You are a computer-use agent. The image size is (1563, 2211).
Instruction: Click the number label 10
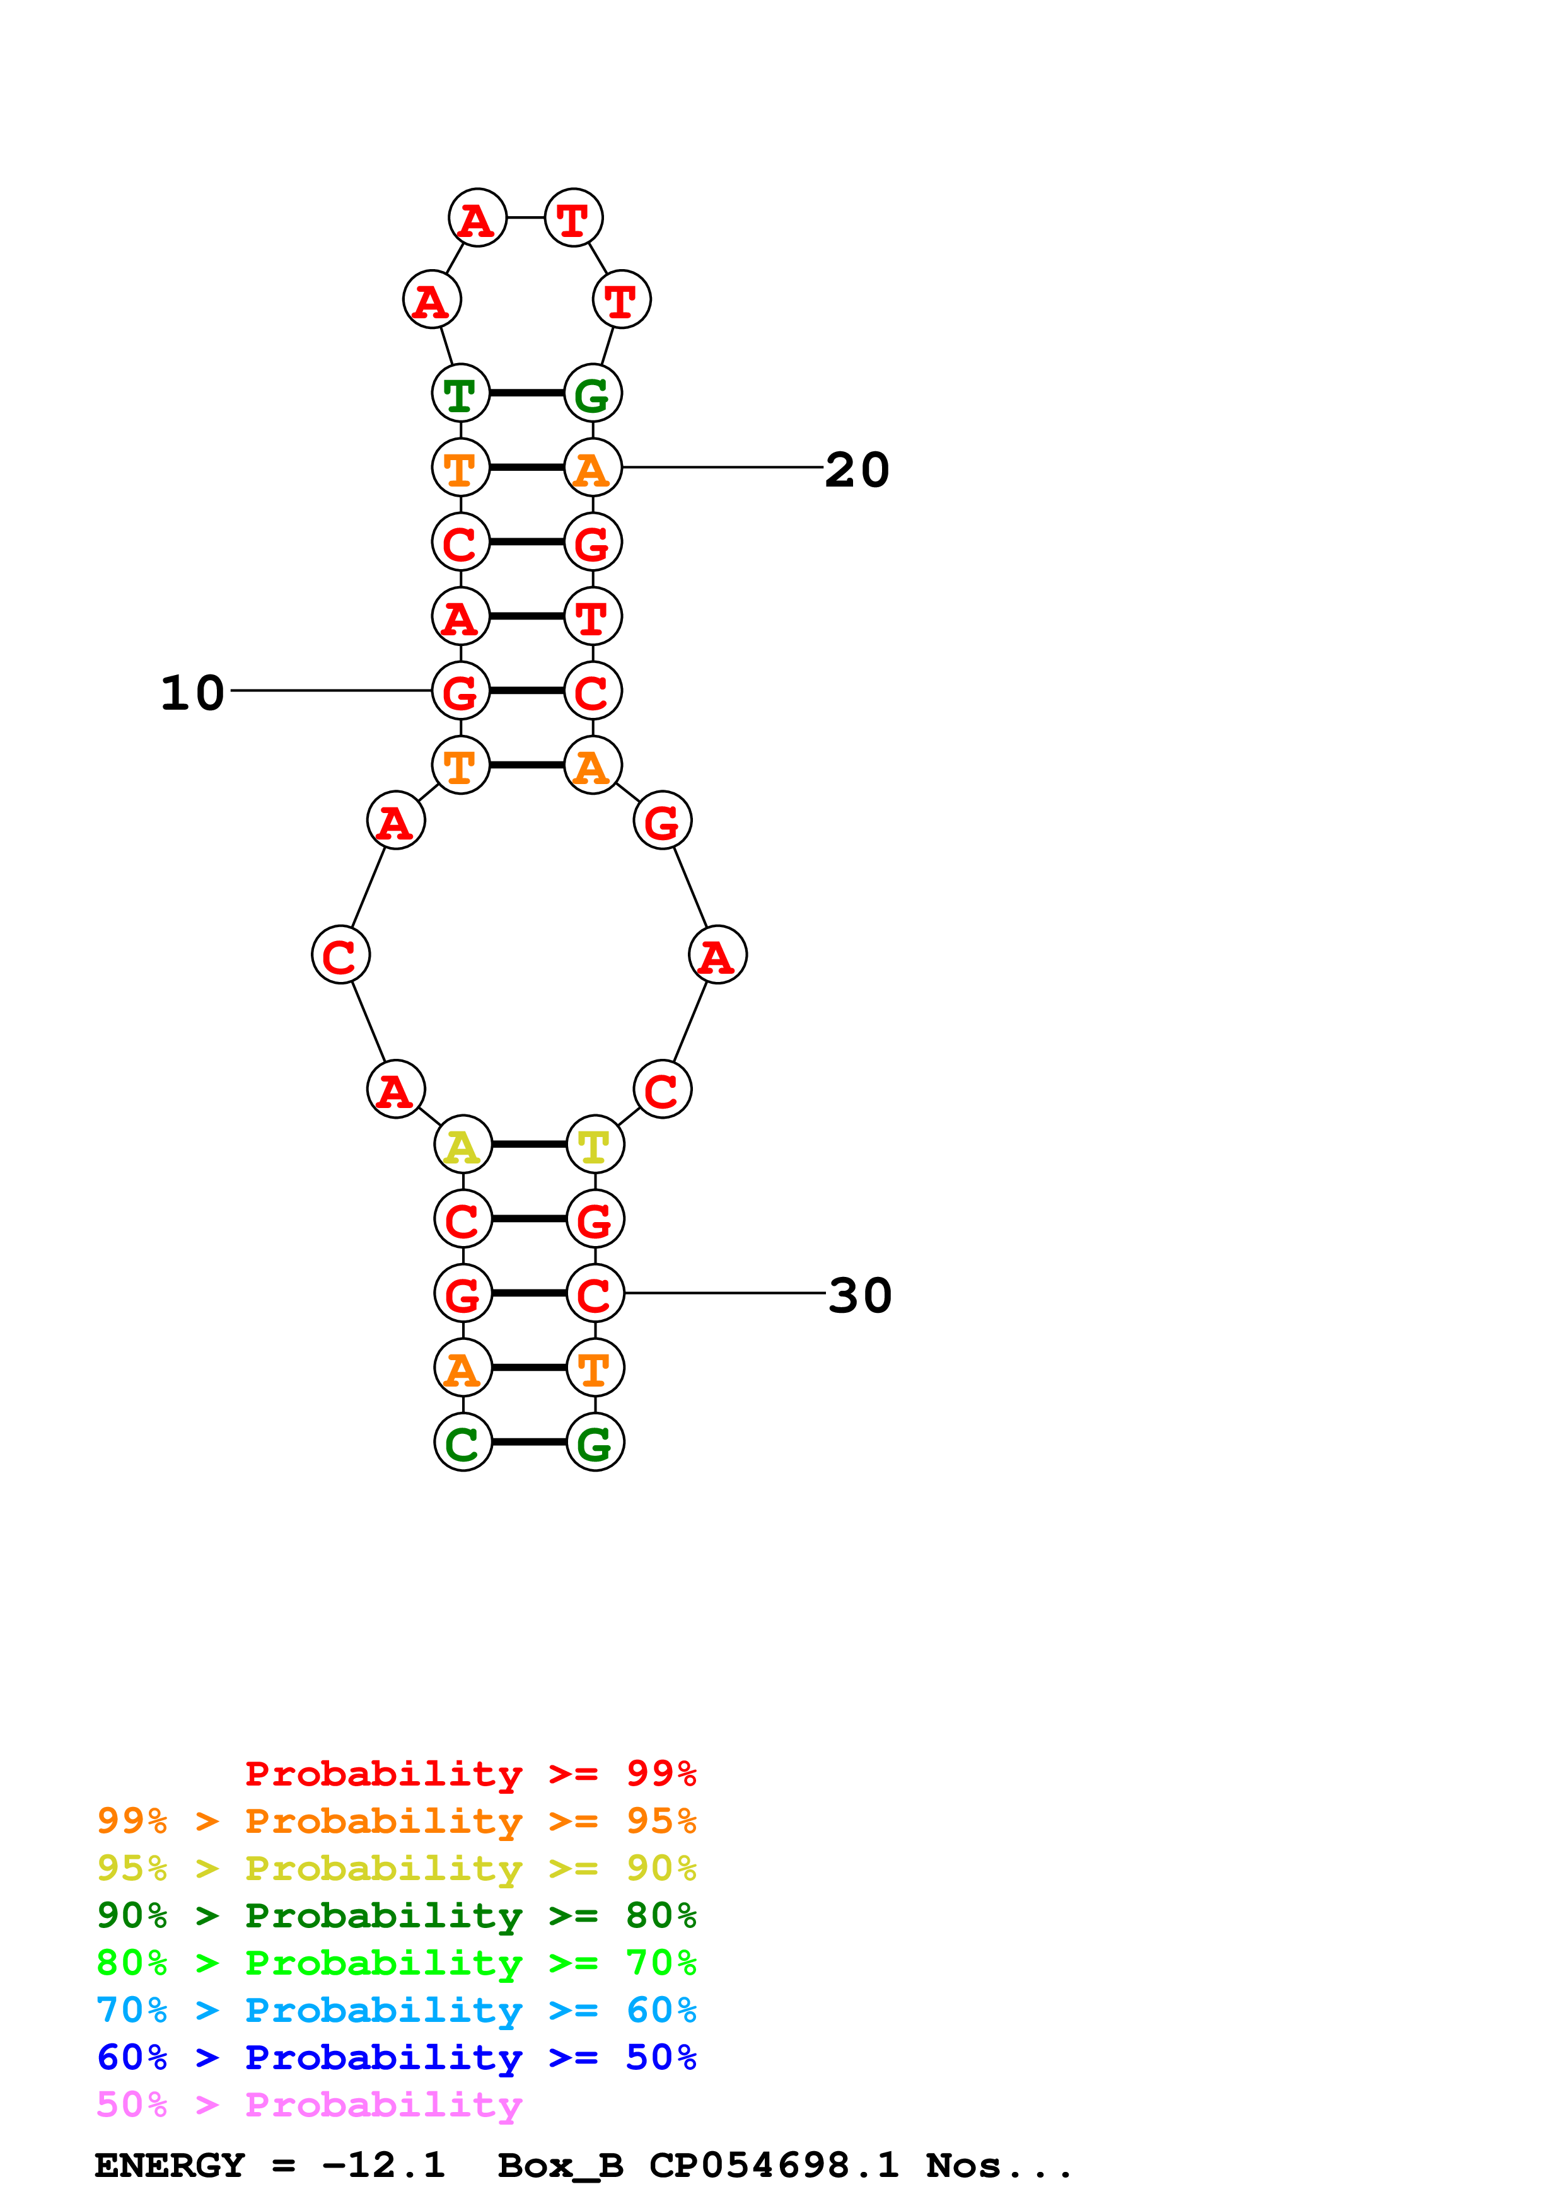point(192,693)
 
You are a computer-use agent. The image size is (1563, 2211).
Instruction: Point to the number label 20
point(857,470)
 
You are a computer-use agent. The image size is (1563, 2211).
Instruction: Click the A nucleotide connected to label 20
point(592,468)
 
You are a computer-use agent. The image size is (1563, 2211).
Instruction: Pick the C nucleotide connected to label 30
point(595,1293)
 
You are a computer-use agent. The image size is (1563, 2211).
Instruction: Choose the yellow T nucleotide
point(595,1145)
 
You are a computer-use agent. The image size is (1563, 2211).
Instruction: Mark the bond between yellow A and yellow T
point(529,1144)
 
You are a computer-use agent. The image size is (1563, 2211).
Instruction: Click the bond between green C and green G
point(529,1441)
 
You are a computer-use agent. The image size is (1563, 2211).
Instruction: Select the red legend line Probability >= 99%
point(470,1773)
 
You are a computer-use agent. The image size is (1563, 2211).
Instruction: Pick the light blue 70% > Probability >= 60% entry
point(396,2010)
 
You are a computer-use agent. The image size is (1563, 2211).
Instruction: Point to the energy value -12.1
point(383,2165)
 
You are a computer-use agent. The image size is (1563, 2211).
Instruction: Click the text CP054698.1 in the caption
point(774,2165)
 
